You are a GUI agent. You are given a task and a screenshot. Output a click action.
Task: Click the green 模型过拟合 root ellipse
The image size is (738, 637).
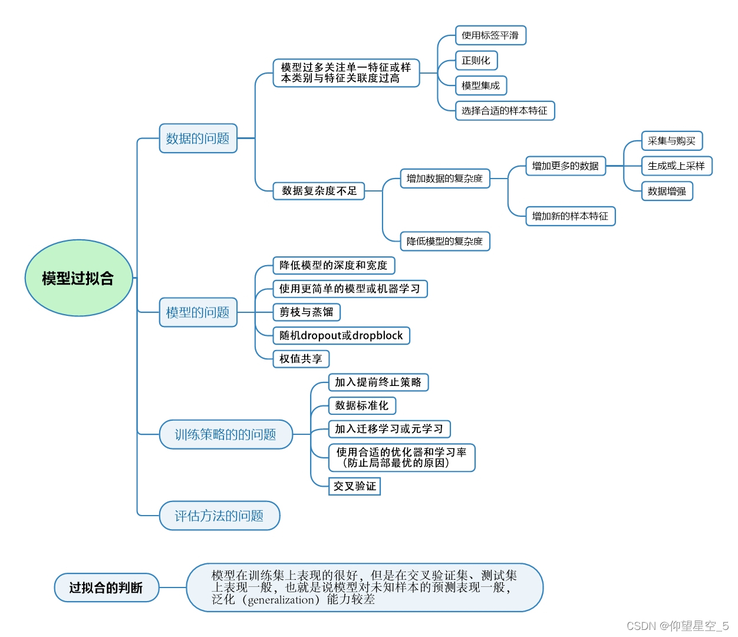click(x=78, y=278)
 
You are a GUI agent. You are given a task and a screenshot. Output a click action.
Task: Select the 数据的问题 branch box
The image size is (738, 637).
click(x=198, y=138)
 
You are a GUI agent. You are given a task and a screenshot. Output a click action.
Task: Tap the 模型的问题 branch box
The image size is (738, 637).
click(x=198, y=312)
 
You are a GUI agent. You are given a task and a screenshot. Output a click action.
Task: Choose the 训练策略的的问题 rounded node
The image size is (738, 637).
click(x=226, y=435)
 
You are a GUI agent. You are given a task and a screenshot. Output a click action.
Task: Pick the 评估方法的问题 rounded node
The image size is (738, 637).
click(x=219, y=516)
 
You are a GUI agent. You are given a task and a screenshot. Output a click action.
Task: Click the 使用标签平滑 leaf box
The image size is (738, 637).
click(x=490, y=35)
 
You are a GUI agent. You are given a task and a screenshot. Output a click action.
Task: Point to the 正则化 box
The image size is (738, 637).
click(x=476, y=61)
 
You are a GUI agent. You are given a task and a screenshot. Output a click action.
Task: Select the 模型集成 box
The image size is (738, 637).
click(x=481, y=85)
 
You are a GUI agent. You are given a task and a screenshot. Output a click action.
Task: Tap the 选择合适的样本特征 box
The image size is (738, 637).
click(x=505, y=111)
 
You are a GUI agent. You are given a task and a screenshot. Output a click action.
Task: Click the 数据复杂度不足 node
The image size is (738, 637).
click(x=319, y=191)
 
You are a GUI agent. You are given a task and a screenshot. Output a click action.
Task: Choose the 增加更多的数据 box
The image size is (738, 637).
click(x=565, y=166)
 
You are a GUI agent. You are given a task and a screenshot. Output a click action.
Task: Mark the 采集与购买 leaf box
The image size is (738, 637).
click(x=672, y=141)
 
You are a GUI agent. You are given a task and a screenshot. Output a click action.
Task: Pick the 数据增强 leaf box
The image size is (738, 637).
click(x=667, y=191)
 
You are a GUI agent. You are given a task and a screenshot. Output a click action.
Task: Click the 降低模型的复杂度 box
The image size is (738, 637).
click(x=445, y=241)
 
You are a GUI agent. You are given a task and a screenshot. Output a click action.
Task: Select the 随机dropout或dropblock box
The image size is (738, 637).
click(x=341, y=336)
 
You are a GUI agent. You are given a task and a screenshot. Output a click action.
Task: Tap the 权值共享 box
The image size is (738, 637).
click(x=301, y=359)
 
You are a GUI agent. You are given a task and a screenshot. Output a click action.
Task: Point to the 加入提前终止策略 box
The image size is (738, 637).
click(x=378, y=382)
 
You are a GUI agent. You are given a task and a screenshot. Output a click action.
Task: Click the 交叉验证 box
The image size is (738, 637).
click(x=354, y=486)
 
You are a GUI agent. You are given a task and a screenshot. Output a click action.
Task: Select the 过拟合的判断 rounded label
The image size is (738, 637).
click(x=106, y=588)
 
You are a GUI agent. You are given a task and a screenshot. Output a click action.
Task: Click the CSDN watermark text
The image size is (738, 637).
click(x=677, y=626)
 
